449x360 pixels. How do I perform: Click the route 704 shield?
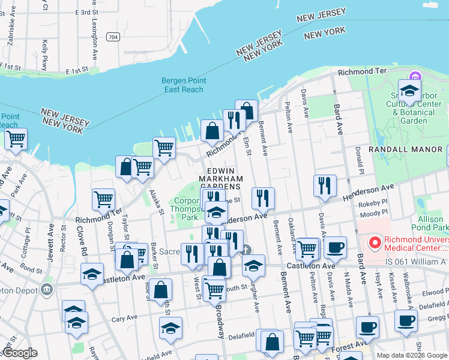click(112, 37)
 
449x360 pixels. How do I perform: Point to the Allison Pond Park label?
click(430, 224)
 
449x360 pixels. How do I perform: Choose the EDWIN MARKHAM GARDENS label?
click(220, 178)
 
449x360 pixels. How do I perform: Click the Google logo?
click(19, 353)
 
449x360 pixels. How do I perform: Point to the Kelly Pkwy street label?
click(46, 51)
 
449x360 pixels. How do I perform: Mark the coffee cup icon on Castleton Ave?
click(334, 246)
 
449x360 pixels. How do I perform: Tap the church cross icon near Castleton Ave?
click(246, 250)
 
